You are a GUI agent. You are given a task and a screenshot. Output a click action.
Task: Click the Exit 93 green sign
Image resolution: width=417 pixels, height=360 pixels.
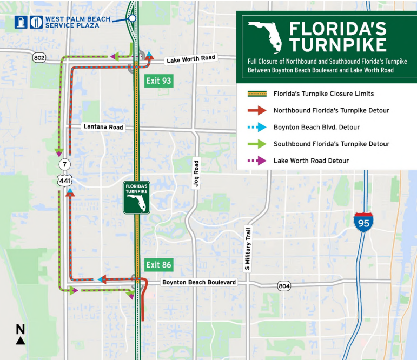pyautogui.click(x=158, y=81)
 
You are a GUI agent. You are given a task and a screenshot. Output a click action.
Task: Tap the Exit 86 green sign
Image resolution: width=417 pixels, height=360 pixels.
pyautogui.click(x=158, y=265)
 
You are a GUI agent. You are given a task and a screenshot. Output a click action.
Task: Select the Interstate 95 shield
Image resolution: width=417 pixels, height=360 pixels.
pyautogui.click(x=363, y=222)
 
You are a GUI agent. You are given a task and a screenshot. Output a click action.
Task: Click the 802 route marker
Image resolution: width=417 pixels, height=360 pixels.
pyautogui.click(x=38, y=58)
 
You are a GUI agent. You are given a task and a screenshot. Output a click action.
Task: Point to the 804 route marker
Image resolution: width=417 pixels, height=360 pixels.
pyautogui.click(x=284, y=285)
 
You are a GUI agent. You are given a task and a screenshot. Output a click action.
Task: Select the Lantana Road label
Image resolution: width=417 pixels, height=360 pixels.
pyautogui.click(x=103, y=128)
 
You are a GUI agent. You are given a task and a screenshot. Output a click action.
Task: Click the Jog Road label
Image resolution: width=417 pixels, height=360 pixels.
pyautogui.click(x=196, y=174)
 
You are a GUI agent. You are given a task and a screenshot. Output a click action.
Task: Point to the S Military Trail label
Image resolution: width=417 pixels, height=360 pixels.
pyautogui.click(x=247, y=248)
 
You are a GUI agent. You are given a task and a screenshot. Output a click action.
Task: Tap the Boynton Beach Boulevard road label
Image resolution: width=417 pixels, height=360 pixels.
pyautogui.click(x=199, y=283)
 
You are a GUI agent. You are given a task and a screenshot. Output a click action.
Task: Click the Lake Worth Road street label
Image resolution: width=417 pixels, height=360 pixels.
pyautogui.click(x=191, y=59)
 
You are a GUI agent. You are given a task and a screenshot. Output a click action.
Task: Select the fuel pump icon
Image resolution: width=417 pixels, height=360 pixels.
pyautogui.click(x=20, y=22)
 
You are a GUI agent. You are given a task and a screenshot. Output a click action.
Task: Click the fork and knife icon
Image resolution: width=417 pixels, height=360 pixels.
pyautogui.click(x=36, y=22)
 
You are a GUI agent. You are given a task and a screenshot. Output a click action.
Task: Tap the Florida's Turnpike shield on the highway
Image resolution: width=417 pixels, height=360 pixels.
pyautogui.click(x=136, y=197)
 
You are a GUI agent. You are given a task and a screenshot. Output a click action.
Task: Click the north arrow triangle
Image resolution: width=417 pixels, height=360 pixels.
pyautogui.click(x=20, y=340)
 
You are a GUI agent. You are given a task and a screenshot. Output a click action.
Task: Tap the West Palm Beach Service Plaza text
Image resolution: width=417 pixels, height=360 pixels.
pyautogui.click(x=78, y=22)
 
